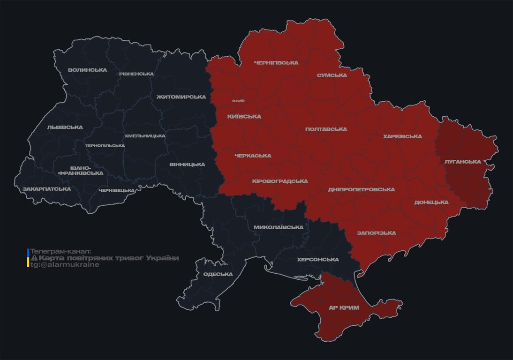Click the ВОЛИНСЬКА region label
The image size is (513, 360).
click(x=87, y=70)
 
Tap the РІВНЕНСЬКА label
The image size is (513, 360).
click(x=136, y=74)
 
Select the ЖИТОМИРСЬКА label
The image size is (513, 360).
click(x=181, y=97)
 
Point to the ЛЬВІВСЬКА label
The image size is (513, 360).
click(x=65, y=127)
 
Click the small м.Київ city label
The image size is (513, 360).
click(x=238, y=101)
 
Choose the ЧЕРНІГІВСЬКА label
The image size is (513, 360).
click(x=276, y=63)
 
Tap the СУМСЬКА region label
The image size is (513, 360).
click(x=332, y=75)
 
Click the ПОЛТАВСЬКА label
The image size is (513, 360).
click(x=326, y=129)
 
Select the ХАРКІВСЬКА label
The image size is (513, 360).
click(x=402, y=137)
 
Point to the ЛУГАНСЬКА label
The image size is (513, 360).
click(x=463, y=162)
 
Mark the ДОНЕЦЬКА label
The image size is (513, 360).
click(x=431, y=202)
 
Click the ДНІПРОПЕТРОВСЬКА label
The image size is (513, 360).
click(x=361, y=190)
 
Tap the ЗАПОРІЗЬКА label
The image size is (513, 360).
click(x=376, y=233)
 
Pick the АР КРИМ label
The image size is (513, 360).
click(x=344, y=308)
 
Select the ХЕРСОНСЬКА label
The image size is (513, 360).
click(x=318, y=260)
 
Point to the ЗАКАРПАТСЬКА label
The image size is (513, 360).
click(x=47, y=189)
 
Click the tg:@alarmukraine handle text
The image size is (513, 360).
click(x=65, y=265)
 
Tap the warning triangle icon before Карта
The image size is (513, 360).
click(x=34, y=258)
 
